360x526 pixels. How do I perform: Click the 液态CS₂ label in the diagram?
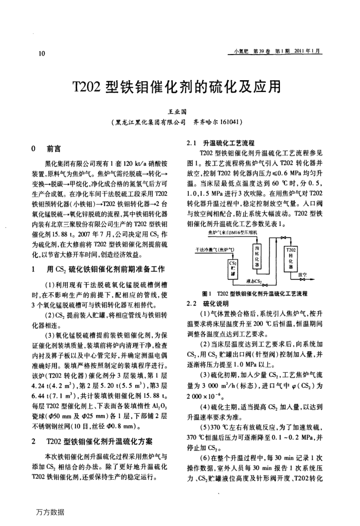point(254,282)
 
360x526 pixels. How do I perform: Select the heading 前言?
point(53,149)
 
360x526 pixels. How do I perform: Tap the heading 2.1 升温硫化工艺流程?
point(222,143)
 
